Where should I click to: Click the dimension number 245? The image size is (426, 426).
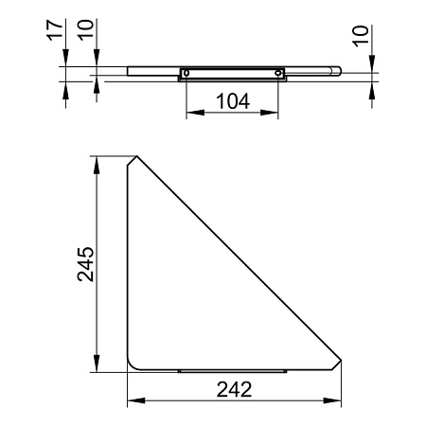[86, 264]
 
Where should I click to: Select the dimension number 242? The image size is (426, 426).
[234, 389]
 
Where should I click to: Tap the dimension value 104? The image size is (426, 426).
[233, 101]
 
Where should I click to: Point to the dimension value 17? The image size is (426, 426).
[55, 30]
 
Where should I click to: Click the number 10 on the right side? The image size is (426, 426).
[361, 36]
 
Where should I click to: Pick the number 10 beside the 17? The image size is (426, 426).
[86, 29]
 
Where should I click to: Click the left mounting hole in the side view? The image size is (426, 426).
[186, 73]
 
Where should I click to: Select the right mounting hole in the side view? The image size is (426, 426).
[278, 73]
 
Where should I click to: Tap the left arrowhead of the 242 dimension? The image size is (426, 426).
[136, 400]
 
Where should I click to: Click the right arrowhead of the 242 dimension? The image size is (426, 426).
[332, 400]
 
